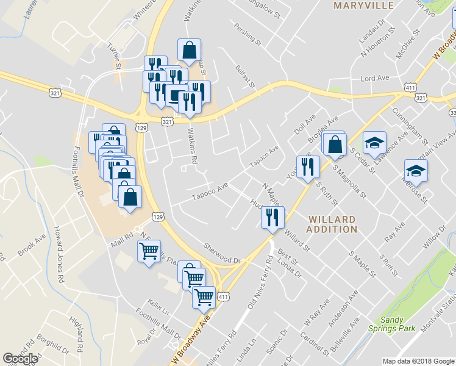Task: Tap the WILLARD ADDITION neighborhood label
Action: pos(332,224)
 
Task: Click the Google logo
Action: pos(20,359)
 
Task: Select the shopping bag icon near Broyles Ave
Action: pos(335,145)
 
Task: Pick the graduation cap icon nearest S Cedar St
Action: pos(374,144)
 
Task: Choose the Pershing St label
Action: pos(248,36)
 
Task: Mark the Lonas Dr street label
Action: pos(290,266)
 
